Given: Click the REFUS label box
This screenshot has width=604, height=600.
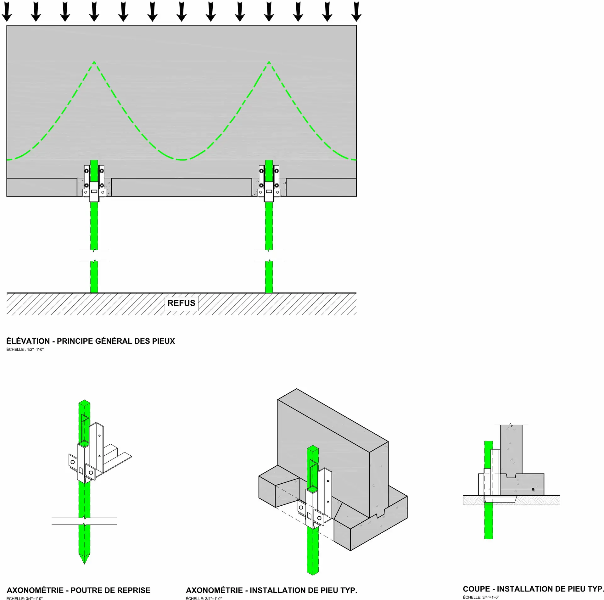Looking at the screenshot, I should pos(182,303).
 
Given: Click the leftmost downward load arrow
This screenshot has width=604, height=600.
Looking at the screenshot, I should pos(7,12).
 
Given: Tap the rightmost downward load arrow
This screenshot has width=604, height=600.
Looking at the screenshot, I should pos(356,12).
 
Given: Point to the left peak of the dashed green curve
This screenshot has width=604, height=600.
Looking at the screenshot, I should pos(94,62).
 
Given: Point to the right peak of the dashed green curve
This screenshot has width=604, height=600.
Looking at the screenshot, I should pos(269,62).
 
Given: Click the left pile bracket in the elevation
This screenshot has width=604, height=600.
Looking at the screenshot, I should pos(94,184).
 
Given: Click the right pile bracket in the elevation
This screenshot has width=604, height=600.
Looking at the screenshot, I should pos(269,184).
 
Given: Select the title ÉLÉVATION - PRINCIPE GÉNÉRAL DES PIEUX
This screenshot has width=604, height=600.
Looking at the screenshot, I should pos(91,341).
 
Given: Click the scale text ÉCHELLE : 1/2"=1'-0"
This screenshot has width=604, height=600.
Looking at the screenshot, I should pos(25,349).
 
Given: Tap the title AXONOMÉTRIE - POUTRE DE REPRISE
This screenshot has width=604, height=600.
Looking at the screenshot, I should pos(79,590).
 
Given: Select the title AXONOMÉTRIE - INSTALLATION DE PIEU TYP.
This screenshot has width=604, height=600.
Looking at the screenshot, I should pos(271,590).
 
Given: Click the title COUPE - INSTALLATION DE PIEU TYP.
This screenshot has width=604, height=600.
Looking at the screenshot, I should pos(533,589).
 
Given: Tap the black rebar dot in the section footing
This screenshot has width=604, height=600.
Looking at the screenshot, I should pos(533,489).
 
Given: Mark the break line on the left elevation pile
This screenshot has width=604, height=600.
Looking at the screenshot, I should pos(94,255).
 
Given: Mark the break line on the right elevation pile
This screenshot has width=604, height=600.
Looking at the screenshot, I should pos(269,255).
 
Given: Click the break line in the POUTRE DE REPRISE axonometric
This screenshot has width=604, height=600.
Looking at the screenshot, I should pos(84,521).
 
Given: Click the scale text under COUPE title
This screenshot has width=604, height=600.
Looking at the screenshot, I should pos(481,597).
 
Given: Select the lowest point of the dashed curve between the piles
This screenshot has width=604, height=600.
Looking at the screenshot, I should pos(182,160).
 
